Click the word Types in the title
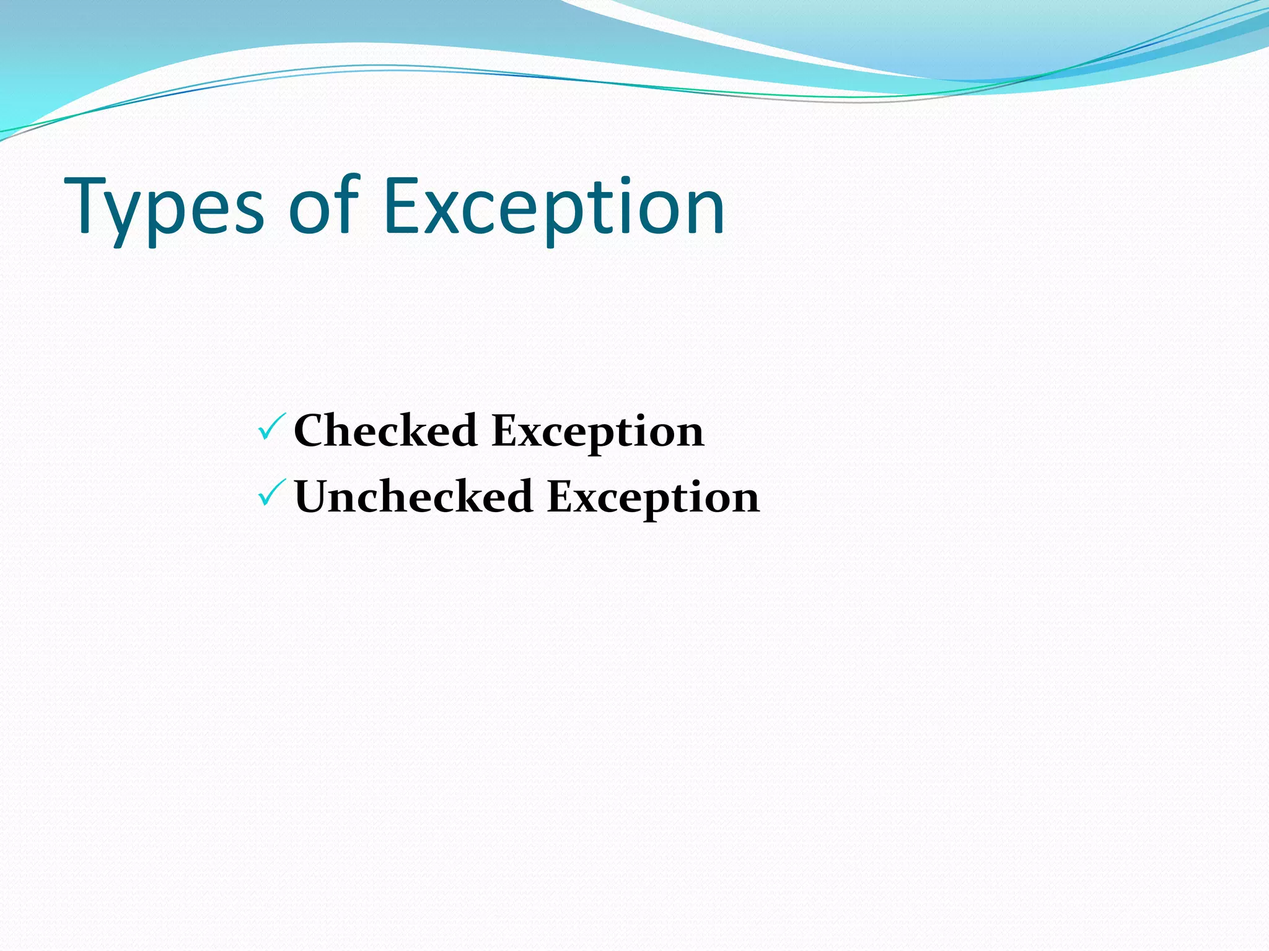(x=164, y=207)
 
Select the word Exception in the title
(x=553, y=207)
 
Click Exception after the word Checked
(x=598, y=432)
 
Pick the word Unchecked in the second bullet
(x=413, y=497)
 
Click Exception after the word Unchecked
(x=654, y=498)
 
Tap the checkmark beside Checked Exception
(x=271, y=427)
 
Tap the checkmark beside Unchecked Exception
(x=271, y=493)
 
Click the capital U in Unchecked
(x=315, y=497)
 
